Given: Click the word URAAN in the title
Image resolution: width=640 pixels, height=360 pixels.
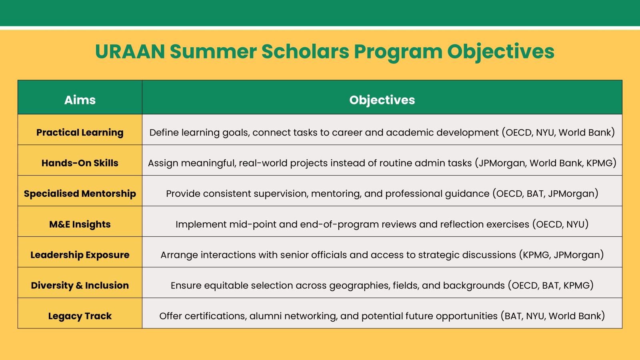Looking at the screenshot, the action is [x=130, y=52].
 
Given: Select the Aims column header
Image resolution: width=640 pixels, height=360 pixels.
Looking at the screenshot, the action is [x=80, y=100].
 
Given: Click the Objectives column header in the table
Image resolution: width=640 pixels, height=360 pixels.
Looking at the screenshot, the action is [x=382, y=100].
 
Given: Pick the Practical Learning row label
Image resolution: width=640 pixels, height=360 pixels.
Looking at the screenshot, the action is [x=80, y=132].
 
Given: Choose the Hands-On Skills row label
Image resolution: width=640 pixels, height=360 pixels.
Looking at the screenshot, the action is [x=80, y=163].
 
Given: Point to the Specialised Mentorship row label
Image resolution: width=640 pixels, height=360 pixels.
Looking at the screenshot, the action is [x=80, y=194].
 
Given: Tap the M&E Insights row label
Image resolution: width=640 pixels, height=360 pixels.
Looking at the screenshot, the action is [x=80, y=224].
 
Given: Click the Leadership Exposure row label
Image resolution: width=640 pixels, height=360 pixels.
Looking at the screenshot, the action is [x=80, y=255].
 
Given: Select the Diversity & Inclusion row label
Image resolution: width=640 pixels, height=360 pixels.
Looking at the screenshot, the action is [x=80, y=286].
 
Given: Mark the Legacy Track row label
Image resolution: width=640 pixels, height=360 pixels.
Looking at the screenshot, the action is [x=80, y=316].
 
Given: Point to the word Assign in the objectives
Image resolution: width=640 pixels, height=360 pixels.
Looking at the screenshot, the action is [x=163, y=163].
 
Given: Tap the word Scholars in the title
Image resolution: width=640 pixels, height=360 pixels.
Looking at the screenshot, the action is [x=305, y=52].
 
